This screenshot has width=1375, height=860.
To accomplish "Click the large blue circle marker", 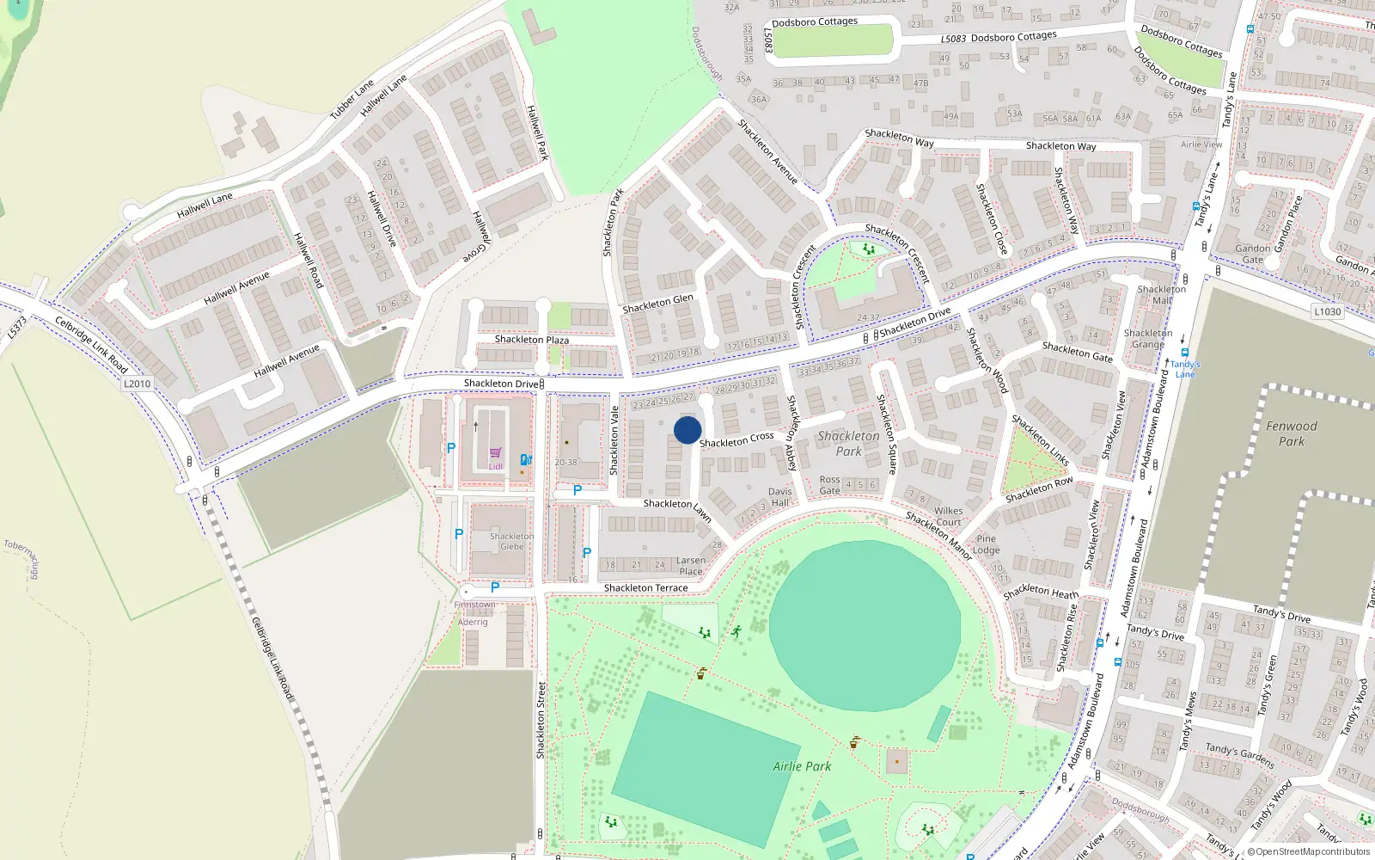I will pos(687,430).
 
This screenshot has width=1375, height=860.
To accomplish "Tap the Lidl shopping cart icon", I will pos(496,452).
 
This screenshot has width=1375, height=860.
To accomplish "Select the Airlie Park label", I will pos(802,766).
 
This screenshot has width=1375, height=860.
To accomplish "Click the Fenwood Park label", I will pos(1291,433).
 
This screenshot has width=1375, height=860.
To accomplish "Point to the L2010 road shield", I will pos(137,384).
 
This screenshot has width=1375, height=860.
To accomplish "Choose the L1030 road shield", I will pos(1327,311).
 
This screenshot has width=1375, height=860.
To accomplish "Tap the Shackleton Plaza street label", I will pos(531,340).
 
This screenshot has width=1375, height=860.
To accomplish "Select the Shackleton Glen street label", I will pos(657,304).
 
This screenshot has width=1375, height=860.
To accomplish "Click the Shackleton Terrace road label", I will pos(645,588).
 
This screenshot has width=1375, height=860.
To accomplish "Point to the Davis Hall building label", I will pos(780,497).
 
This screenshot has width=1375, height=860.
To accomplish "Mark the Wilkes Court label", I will pos(948,516).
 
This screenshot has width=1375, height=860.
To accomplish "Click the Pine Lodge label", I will pos(986,544).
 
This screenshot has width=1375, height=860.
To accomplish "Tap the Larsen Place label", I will pos(691,566).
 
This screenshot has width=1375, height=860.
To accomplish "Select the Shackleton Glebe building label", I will pos(511,541).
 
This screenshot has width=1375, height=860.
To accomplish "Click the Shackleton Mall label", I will pos(1161,294).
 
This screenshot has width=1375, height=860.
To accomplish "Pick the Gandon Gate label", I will pos(1253,254).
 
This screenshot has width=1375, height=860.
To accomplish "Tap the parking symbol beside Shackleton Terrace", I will pos(495,587).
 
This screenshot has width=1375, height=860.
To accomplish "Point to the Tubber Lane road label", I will pos(351,100).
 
